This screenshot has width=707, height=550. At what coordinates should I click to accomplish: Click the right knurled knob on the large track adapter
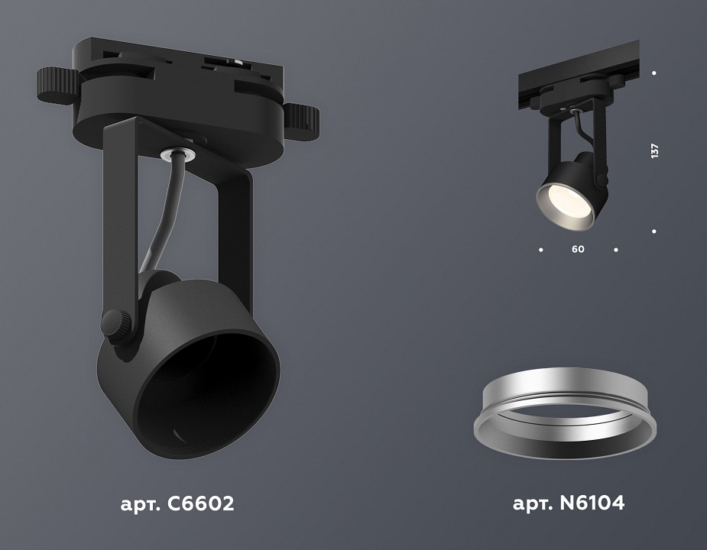pyautogui.click(x=303, y=119)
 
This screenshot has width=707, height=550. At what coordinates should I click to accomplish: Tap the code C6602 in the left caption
pyautogui.click(x=197, y=503)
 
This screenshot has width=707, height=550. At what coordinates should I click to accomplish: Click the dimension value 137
pyautogui.click(x=654, y=150)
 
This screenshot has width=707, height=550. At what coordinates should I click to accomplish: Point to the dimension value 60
pyautogui.click(x=578, y=249)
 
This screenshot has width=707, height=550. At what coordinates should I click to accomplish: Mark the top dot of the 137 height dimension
pyautogui.click(x=654, y=73)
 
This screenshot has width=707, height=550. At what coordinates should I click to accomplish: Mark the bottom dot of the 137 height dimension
pyautogui.click(x=654, y=231)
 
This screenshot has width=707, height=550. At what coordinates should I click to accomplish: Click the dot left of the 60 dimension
pyautogui.click(x=541, y=249)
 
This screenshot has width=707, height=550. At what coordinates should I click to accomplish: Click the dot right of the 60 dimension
pyautogui.click(x=616, y=249)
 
